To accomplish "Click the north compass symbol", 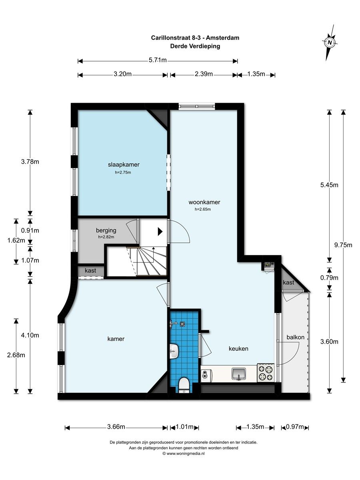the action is click(330, 42).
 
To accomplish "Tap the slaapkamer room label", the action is click(124, 165).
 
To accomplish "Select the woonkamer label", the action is click(204, 202).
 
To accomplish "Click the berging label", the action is click(106, 230).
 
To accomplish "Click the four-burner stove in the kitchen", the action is click(266, 372).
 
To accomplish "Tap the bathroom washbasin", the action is click(174, 351).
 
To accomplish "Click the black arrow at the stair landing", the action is click(160, 232).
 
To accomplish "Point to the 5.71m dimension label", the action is click(158, 60).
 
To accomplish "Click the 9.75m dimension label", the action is click(343, 245).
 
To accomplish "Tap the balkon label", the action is click(296, 337).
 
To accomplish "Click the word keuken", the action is click(238, 348).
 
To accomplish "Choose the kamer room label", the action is click(116, 339).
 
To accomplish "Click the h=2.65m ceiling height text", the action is click(203, 209).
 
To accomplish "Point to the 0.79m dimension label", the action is click(329, 278).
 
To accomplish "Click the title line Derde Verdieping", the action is click(195, 46).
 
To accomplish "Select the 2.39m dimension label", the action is click(204, 74).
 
